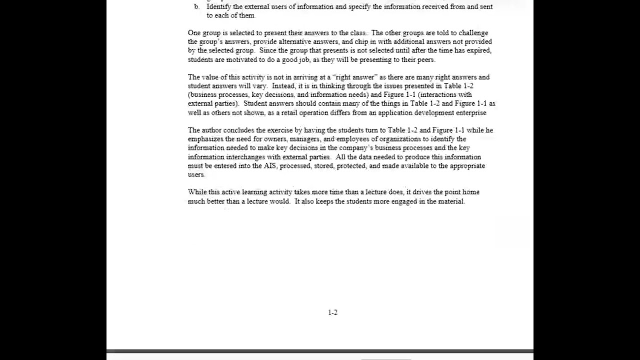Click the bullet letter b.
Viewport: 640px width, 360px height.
[196, 6]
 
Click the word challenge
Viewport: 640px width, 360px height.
[473, 33]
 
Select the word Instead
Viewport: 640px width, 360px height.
[283, 86]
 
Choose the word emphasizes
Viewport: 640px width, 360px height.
[205, 139]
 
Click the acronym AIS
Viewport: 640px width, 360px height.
[269, 165]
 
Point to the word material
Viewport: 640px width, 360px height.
[451, 201]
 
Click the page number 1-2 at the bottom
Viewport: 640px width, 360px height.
[332, 312]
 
